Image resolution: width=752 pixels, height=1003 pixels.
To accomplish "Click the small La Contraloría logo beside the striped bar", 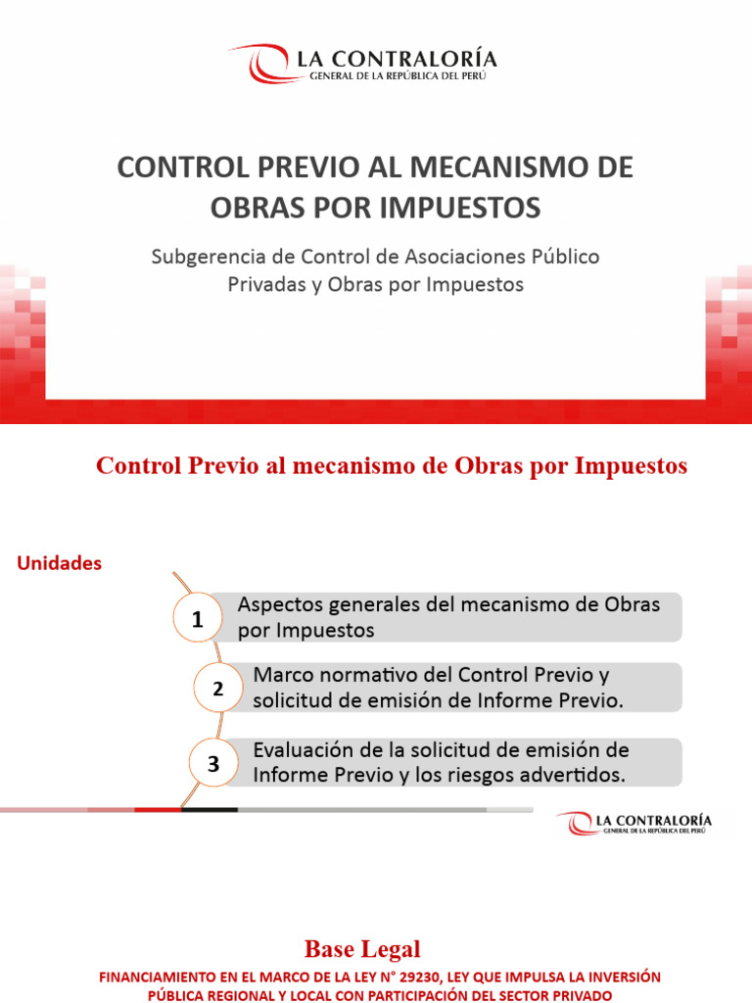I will click(x=634, y=823).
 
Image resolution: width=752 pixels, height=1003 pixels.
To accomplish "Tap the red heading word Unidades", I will click(x=60, y=564).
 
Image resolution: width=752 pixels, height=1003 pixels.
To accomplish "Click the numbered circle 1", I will click(x=198, y=620).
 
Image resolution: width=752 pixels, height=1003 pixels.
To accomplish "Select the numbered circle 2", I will click(x=218, y=690).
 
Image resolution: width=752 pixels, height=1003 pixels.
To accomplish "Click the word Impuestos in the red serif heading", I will click(x=634, y=467).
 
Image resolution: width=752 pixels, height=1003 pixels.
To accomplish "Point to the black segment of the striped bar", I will click(x=209, y=809).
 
